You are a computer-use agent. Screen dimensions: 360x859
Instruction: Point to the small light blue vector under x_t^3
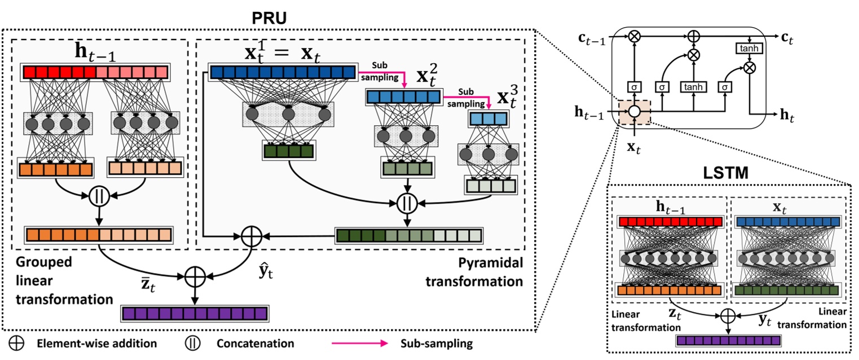point(488,119)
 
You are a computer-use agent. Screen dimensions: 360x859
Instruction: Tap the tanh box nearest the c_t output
point(749,49)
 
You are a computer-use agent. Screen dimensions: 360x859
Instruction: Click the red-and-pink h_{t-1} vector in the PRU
point(96,72)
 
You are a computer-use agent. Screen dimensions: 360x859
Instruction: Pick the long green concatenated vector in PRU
point(409,235)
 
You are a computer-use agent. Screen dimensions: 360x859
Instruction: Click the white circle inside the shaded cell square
point(634,112)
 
